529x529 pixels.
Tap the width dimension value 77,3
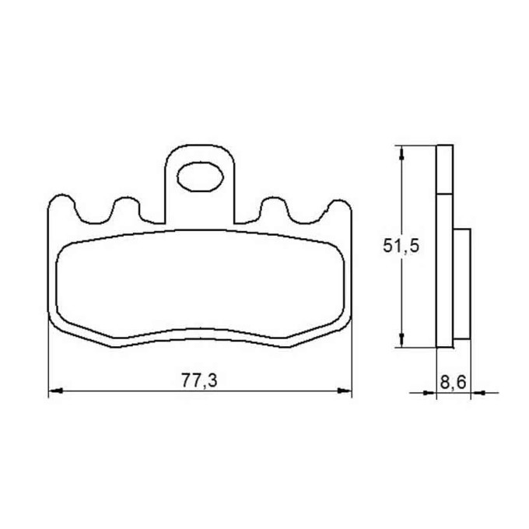(199, 381)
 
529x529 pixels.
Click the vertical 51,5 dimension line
(401, 296)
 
